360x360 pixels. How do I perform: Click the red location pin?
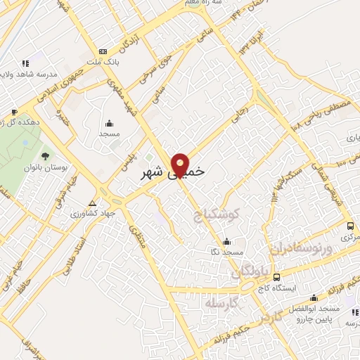pyautogui.click(x=181, y=165)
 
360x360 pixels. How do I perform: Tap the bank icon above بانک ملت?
pyautogui.click(x=103, y=51)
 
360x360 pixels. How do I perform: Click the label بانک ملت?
pyautogui.click(x=103, y=62)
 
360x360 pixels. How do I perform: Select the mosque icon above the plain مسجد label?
pyautogui.click(x=109, y=122)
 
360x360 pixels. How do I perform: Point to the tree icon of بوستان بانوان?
pyautogui.click(x=45, y=155)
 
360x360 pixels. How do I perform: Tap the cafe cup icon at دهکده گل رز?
pyautogui.click(x=14, y=112)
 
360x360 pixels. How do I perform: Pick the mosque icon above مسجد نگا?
pyautogui.click(x=225, y=240)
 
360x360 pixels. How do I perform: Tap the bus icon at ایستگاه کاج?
pyautogui.click(x=276, y=277)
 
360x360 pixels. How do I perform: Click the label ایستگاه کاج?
pyautogui.click(x=290, y=288)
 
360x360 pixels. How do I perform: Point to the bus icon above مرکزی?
pyautogui.click(x=350, y=226)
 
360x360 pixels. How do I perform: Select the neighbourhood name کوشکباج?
pyautogui.click(x=217, y=214)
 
